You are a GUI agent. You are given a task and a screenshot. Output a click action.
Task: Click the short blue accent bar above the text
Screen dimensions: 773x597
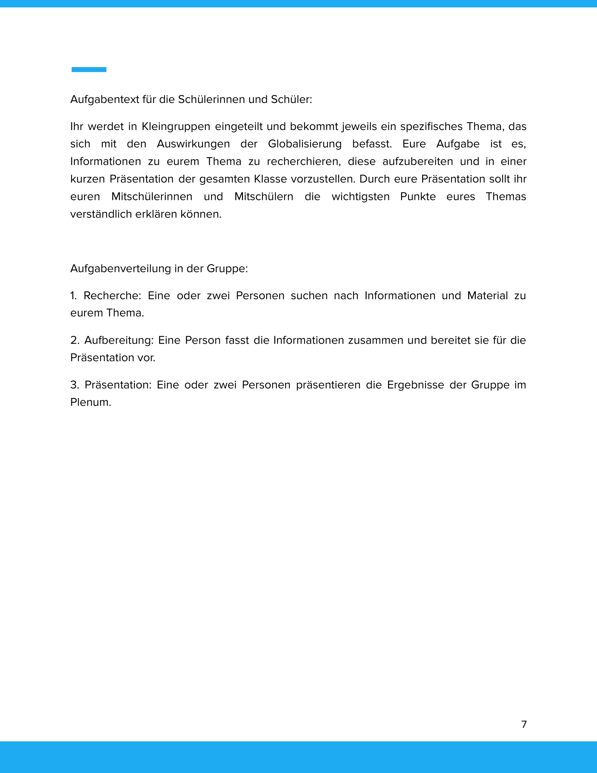89,69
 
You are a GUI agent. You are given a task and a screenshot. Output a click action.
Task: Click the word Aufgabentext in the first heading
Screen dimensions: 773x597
105,99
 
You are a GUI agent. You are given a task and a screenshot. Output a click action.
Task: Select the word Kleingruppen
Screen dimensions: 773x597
176,126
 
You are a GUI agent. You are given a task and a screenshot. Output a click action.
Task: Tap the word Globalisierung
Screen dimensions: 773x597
304,144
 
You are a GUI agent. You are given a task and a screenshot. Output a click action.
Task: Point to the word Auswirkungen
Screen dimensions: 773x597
193,144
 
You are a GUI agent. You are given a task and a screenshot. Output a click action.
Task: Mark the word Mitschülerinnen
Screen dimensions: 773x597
152,196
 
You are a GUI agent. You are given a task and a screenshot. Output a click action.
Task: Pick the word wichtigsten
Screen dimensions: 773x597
360,196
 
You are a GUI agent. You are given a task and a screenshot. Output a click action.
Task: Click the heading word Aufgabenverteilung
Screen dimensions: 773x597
120,269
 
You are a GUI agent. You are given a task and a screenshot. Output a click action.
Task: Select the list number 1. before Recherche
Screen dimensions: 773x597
73,295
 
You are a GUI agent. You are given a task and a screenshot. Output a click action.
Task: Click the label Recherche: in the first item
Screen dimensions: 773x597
112,295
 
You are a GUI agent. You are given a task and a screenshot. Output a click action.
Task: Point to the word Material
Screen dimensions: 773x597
487,295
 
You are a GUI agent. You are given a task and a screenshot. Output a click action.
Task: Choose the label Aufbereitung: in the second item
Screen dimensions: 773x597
119,340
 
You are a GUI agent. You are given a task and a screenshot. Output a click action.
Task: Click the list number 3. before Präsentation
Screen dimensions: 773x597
74,385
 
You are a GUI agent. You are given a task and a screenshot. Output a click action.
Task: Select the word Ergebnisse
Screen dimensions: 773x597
415,385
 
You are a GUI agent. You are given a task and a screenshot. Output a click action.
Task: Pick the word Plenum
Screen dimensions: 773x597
91,402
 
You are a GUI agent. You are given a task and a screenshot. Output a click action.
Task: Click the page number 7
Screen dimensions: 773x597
524,724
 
